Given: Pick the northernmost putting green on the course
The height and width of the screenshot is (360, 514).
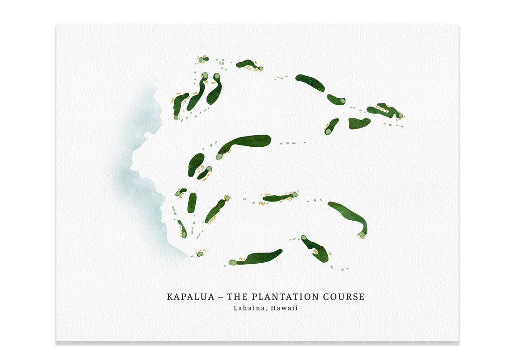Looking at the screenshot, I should (202, 59).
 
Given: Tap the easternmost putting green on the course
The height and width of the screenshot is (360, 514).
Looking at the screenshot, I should (400, 115).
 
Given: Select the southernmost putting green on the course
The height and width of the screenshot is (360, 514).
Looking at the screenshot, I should (232, 263).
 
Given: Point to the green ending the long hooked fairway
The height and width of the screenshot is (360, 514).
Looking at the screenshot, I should (362, 234).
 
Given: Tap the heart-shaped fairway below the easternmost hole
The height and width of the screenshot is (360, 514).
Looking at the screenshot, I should (359, 123).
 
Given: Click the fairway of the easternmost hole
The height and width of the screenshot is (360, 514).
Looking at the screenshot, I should (381, 110).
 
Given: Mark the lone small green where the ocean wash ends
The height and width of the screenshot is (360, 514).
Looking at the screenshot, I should (200, 254).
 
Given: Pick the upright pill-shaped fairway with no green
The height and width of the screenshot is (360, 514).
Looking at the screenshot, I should (192, 202).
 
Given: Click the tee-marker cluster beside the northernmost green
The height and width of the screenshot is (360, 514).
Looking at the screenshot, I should (221, 62).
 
